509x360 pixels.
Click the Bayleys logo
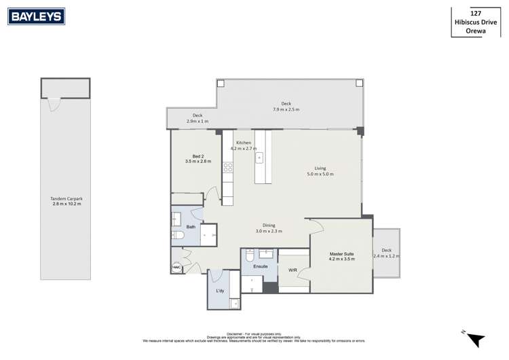pos(36,17)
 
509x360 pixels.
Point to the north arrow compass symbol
pos(476,338)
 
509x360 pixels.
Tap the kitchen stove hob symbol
pos(228,166)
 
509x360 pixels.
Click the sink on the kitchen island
pos(259,158)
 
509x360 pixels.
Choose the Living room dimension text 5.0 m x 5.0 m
pos(320,175)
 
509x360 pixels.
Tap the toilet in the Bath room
pos(178,235)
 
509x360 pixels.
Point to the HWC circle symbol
pos(176,268)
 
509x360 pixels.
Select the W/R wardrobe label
pos(293,270)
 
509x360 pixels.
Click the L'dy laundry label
pos(220,291)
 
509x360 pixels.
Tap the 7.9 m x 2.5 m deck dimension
pos(286,109)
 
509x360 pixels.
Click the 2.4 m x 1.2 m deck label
pos(386,256)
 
